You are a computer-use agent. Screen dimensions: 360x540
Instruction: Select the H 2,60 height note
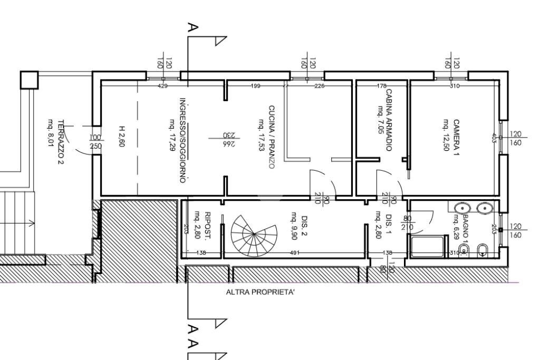coord(121,135)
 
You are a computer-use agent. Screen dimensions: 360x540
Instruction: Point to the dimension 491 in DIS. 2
coord(294,253)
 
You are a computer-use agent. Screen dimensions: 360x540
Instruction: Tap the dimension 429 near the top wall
coord(162,86)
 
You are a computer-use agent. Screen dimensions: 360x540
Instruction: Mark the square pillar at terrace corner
coord(30,80)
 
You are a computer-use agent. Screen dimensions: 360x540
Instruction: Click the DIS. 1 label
coord(389,225)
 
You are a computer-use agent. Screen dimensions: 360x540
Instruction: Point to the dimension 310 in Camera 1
coord(454,86)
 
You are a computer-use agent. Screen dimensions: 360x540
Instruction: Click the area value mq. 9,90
coord(294,225)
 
